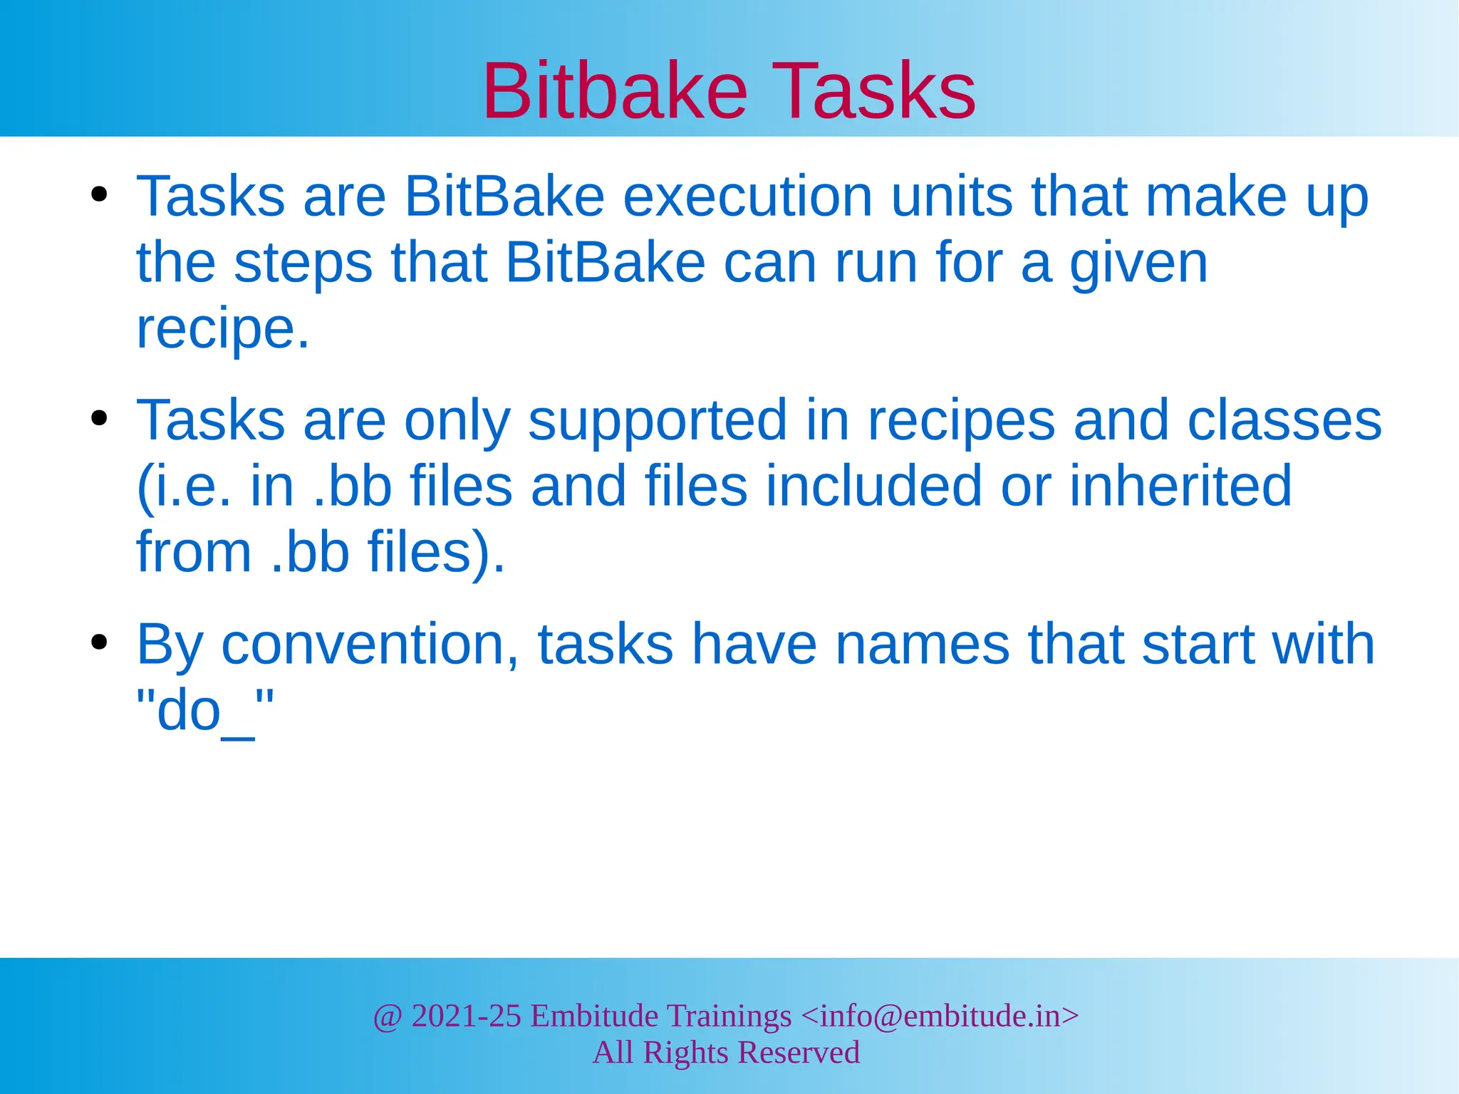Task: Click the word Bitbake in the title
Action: pyautogui.click(x=615, y=91)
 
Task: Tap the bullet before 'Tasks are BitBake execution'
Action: pyautogui.click(x=99, y=194)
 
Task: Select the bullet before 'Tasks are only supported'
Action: pyautogui.click(x=99, y=418)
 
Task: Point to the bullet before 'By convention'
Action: pyautogui.click(x=99, y=642)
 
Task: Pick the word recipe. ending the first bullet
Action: pyautogui.click(x=223, y=329)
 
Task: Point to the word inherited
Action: pyautogui.click(x=1180, y=486)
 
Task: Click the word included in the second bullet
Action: pyautogui.click(x=873, y=486)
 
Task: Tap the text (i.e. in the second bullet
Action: pyautogui.click(x=184, y=487)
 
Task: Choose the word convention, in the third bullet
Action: pyautogui.click(x=370, y=645)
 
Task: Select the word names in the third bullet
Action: pyautogui.click(x=922, y=645)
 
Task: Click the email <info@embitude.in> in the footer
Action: pyautogui.click(x=940, y=1016)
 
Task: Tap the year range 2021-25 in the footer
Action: pyautogui.click(x=466, y=1016)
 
